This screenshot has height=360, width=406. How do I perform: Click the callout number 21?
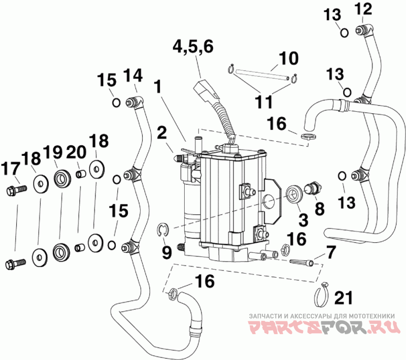point(344,298)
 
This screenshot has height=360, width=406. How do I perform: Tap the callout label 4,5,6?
point(193,47)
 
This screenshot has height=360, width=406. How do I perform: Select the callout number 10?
point(289,58)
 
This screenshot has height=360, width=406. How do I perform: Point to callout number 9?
point(167,252)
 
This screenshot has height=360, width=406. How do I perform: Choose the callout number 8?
point(320,208)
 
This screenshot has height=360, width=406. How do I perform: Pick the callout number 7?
point(331,252)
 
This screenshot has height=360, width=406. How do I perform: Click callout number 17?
point(11,169)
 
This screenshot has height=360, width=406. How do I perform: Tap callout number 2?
point(162,133)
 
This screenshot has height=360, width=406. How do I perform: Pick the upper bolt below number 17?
point(16,191)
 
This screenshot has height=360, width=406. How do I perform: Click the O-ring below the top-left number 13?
point(345,33)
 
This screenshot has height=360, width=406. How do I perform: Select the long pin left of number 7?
point(301,262)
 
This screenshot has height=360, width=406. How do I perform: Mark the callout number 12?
point(363,10)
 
